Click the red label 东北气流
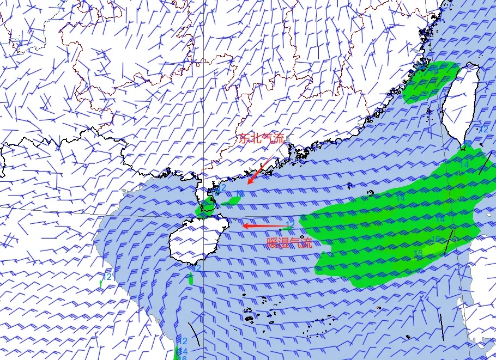click(262, 138)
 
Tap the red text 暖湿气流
click(290, 243)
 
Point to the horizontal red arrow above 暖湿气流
click(264, 225)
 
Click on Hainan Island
click(193, 240)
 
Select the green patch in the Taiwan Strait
click(431, 82)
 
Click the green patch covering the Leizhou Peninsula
click(205, 207)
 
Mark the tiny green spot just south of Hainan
click(190, 278)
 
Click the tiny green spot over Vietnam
click(101, 283)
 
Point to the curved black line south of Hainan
click(194, 334)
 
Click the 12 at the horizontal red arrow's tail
click(290, 224)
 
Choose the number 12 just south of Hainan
click(197, 268)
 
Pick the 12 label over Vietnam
click(107, 277)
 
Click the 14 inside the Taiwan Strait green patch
click(434, 70)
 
